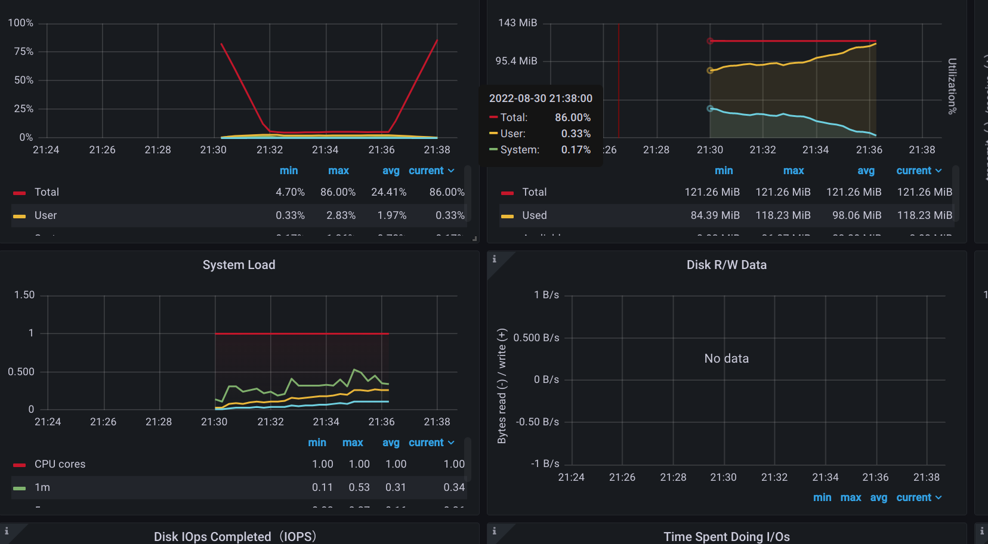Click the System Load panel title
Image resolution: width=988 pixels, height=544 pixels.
[239, 265]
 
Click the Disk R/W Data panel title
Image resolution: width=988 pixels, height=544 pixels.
[726, 265]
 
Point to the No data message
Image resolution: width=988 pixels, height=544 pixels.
[726, 358]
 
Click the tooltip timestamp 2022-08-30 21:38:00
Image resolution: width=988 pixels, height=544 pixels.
[541, 98]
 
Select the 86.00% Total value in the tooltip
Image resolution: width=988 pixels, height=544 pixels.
[572, 118]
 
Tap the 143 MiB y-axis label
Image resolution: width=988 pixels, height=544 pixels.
[517, 23]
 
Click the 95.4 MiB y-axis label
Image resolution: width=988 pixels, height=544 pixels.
[516, 61]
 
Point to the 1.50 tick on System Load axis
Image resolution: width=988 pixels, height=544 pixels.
[24, 295]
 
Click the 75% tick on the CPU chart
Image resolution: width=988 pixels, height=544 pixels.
[24, 51]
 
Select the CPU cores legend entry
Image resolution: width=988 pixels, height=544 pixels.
[60, 464]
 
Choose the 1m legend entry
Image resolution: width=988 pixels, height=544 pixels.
[42, 487]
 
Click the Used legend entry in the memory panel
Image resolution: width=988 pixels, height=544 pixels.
[534, 215]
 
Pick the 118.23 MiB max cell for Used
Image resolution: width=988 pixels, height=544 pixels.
[783, 215]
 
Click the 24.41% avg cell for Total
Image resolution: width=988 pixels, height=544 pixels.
[388, 192]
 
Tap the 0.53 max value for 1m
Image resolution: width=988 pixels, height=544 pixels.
[359, 487]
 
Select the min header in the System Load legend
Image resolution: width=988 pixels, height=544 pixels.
[317, 443]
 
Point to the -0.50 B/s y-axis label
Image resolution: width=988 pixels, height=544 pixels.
[538, 422]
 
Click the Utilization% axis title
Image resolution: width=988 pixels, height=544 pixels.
[952, 86]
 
